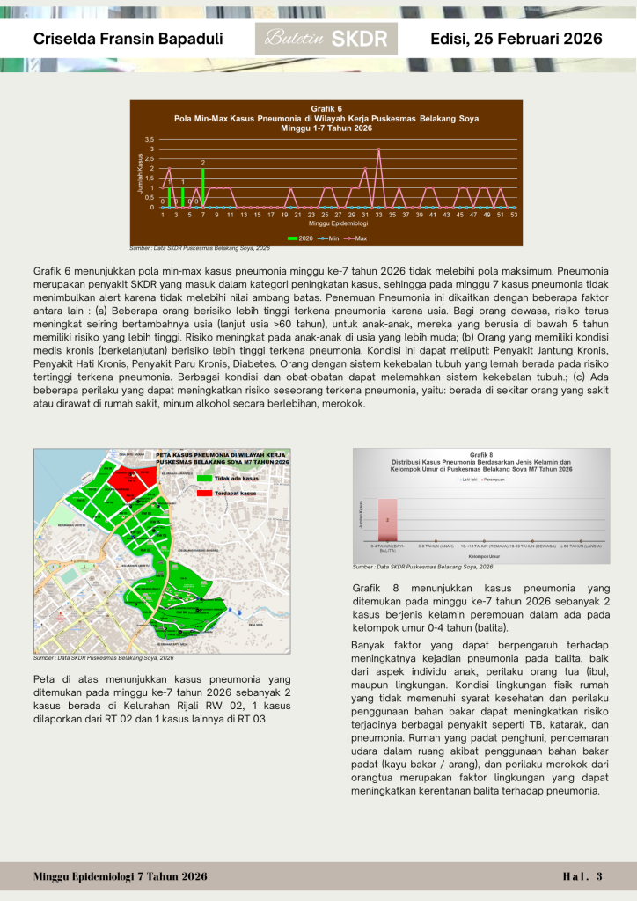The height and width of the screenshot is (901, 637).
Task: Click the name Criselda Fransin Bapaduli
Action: [128, 40]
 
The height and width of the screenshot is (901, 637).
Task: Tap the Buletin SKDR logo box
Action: [326, 40]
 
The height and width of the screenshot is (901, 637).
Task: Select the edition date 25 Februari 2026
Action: [516, 40]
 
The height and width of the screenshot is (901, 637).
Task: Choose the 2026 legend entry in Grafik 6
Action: [301, 238]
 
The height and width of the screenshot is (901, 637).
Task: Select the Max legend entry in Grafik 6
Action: [356, 238]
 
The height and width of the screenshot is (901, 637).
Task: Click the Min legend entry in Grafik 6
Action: [329, 238]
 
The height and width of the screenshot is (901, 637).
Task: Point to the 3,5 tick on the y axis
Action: [150, 140]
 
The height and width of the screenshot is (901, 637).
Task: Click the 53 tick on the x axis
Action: [513, 215]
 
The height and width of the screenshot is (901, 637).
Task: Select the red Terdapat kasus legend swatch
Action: [204, 494]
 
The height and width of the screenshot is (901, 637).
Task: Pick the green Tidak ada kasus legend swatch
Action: [204, 478]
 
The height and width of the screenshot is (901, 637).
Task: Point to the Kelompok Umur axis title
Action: [481, 555]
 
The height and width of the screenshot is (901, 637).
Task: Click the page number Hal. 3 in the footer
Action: [582, 876]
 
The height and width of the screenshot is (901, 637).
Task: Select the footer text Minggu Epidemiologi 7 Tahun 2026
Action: [121, 876]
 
